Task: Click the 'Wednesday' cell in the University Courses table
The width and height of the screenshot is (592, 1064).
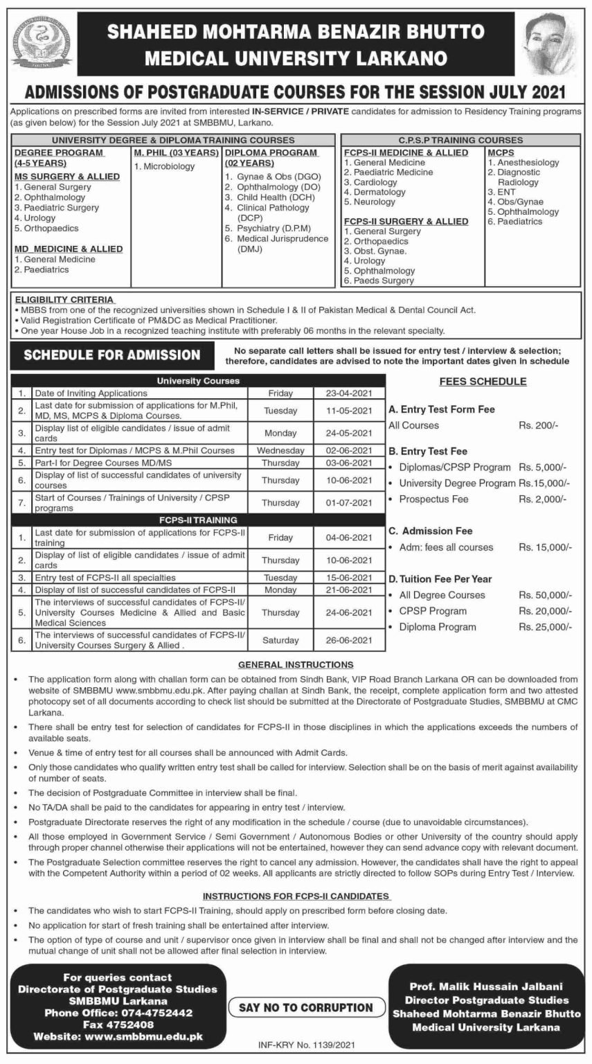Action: pos(280,450)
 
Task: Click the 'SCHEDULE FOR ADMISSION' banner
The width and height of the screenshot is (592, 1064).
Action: pos(112,355)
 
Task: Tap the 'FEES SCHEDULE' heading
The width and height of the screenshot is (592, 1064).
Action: pos(483,382)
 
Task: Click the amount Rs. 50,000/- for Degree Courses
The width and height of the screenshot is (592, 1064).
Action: pos(546,595)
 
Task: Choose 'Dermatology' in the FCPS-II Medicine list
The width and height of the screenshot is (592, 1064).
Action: pos(379,192)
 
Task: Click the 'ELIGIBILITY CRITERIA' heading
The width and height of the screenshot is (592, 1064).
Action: pos(61,300)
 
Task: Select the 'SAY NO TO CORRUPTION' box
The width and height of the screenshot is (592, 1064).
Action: pos(306,1007)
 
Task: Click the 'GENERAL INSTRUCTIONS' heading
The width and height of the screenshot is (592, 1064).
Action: pos(296,664)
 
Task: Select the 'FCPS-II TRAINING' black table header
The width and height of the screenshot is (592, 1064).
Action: pos(198,518)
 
